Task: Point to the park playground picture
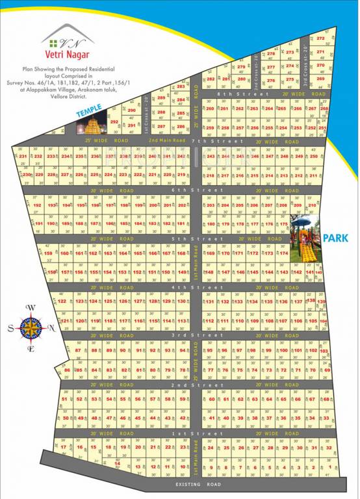305,239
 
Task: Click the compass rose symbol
30,327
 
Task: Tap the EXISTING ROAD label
198,484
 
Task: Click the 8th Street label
234,94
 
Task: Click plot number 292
114,122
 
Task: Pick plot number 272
320,39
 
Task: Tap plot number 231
23,157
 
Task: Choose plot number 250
314,157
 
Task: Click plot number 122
62,301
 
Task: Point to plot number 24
210,448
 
